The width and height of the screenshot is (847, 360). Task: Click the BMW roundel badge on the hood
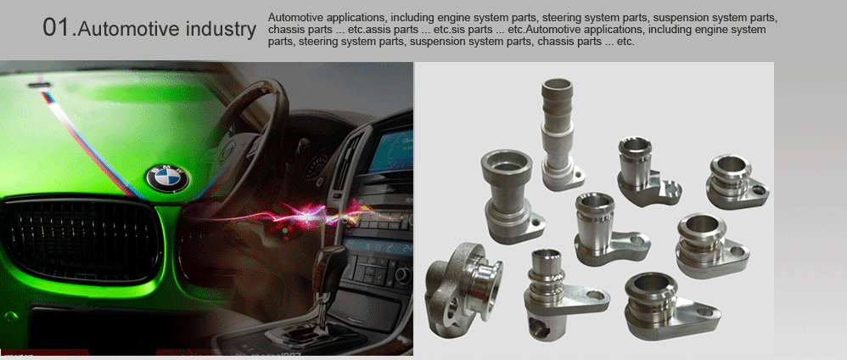(167, 178)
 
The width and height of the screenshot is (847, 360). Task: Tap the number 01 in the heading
(56, 28)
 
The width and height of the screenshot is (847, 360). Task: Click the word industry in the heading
(221, 30)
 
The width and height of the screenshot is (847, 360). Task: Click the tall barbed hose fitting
(559, 134)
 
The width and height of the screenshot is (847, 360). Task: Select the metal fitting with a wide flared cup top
(510, 196)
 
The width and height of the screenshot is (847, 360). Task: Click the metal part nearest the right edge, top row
(738, 183)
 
